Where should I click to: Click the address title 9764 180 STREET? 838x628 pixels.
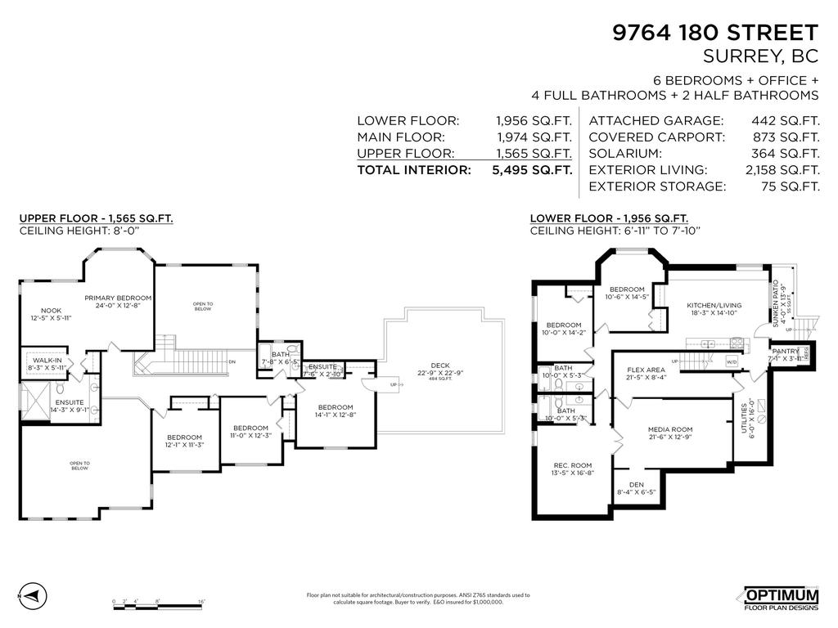pos(715,33)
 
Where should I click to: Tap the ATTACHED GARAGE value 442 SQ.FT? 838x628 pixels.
pos(786,120)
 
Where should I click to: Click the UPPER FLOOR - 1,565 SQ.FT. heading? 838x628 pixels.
pos(96,218)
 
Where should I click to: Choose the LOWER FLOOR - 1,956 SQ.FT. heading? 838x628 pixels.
pos(609,218)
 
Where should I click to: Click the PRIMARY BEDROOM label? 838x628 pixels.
pos(119,298)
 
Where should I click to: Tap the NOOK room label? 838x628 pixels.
pos(51,312)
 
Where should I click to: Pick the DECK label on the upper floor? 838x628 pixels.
pos(440,366)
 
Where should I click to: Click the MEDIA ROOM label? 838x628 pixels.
pos(670,429)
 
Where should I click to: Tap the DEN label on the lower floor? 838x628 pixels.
pos(635,484)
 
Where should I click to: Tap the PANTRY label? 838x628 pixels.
pos(786,352)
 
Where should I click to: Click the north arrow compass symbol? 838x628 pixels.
pos(30,594)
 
